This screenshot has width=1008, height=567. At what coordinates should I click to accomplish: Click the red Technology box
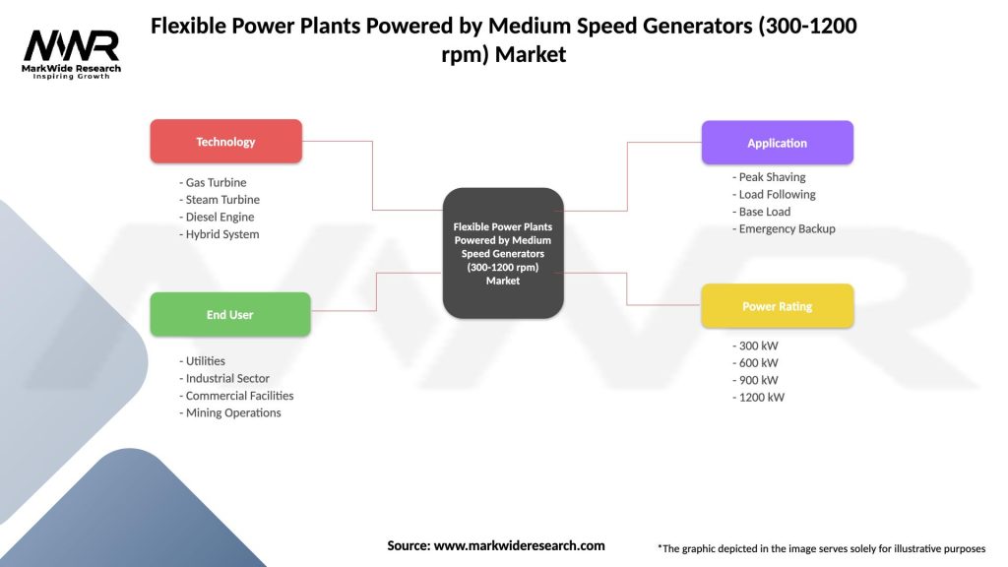[225, 142]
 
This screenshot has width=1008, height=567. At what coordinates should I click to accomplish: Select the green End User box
[229, 315]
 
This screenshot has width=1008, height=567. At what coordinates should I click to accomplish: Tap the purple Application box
[777, 143]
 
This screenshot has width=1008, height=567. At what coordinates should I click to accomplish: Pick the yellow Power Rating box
[777, 306]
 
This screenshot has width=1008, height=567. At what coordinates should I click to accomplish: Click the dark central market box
[503, 253]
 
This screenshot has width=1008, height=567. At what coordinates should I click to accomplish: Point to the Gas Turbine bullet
[214, 183]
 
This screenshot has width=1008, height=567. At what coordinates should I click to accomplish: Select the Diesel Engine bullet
[218, 218]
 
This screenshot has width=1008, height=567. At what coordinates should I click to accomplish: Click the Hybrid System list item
[220, 234]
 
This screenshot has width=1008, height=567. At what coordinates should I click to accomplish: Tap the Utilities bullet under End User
[203, 361]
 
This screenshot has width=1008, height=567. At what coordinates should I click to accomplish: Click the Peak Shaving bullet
[770, 177]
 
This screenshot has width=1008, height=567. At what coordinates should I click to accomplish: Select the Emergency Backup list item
[785, 229]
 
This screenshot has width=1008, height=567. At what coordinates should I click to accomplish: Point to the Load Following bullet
[775, 195]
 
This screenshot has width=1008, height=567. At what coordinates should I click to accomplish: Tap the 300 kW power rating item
[756, 346]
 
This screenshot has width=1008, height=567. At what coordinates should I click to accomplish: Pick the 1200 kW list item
[759, 398]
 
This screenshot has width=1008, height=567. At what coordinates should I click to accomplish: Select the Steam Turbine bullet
[220, 200]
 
